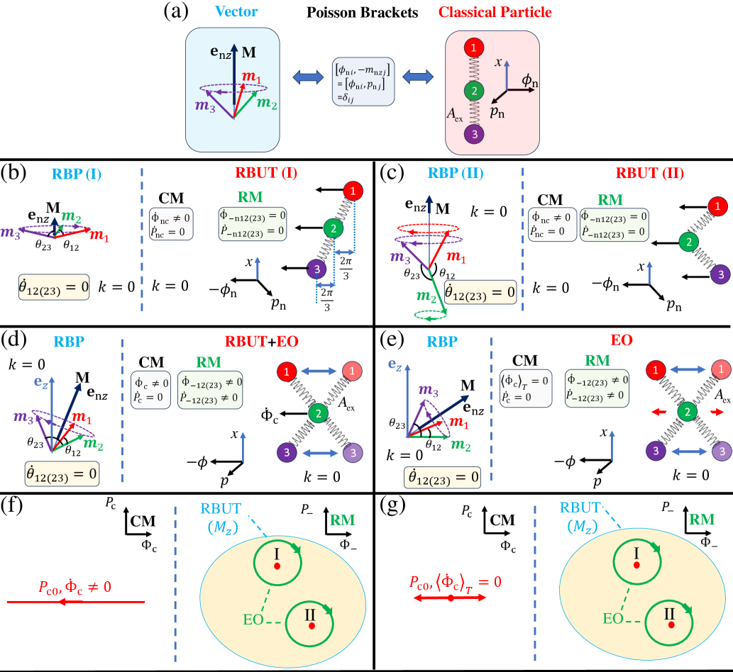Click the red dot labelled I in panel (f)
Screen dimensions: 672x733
click(277, 566)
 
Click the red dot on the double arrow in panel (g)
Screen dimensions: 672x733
click(451, 598)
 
